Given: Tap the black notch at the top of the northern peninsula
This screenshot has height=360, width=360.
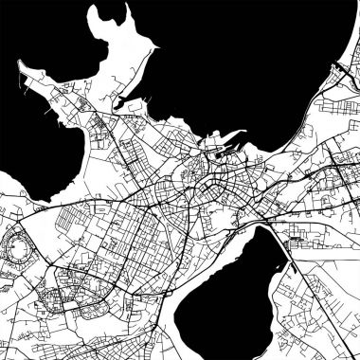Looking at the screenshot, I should click(x=100, y=13).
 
